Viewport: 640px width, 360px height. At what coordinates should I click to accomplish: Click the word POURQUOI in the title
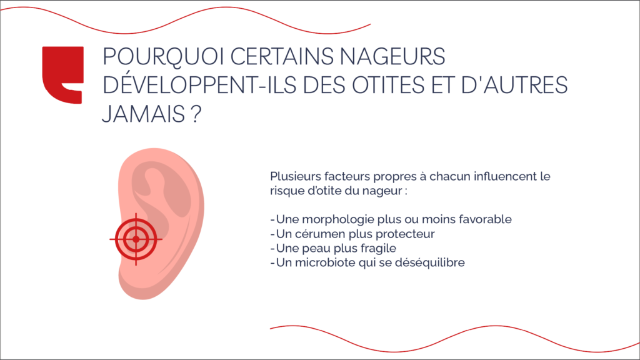click(x=163, y=56)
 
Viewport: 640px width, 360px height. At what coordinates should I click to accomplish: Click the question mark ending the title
click(x=196, y=114)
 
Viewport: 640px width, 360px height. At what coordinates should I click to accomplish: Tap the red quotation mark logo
click(x=63, y=75)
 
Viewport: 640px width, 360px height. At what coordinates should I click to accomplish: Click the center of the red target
click(x=136, y=239)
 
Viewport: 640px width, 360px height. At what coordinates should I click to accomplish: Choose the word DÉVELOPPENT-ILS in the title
click(x=199, y=84)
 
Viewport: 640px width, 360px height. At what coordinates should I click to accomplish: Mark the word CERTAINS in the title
click(x=282, y=56)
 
